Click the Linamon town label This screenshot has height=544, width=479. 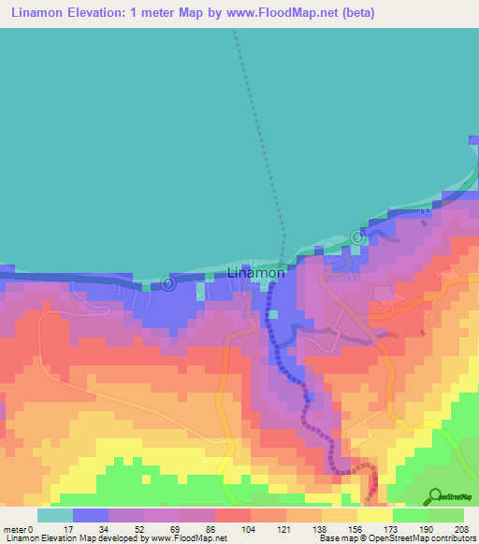[255, 273]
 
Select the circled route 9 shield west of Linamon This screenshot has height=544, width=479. [168, 281]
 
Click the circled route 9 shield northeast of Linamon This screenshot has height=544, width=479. [356, 236]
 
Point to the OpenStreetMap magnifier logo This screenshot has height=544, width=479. [434, 496]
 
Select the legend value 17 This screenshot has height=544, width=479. [65, 529]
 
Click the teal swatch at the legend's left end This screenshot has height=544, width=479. [55, 515]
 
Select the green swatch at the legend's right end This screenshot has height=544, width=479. [446, 515]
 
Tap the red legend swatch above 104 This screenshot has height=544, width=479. [233, 515]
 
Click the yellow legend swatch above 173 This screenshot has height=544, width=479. [375, 515]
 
